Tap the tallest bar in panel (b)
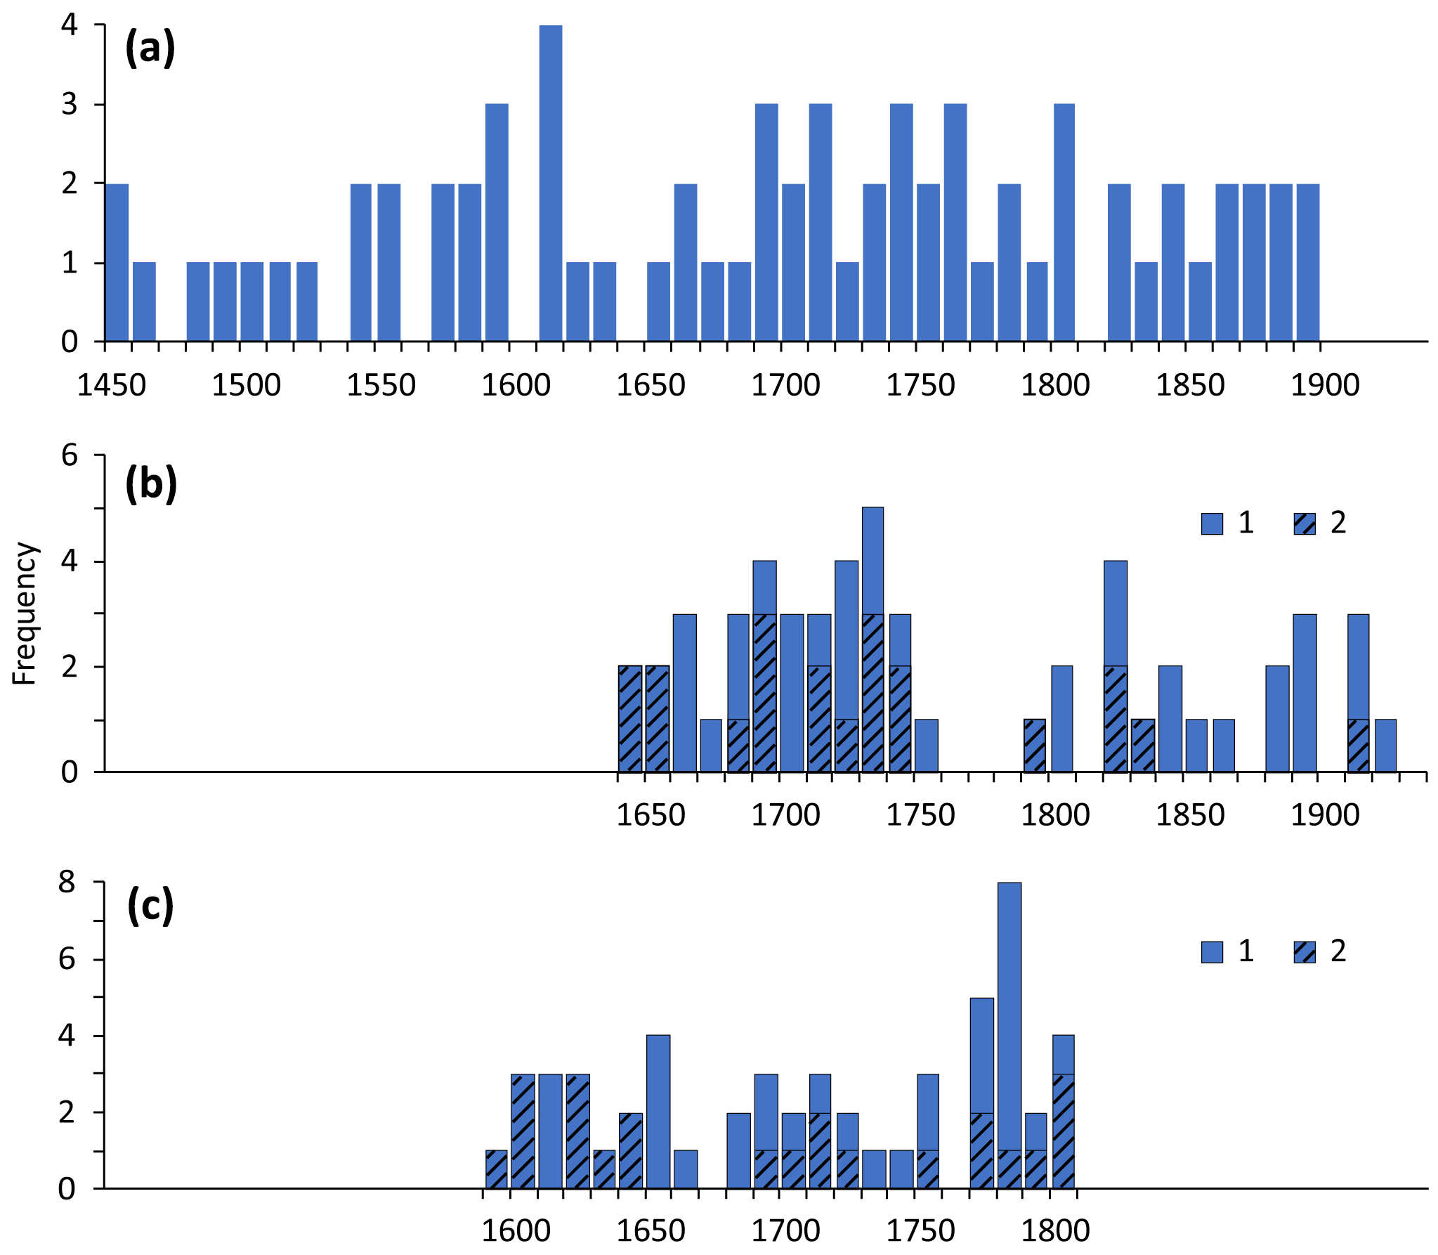click(x=872, y=639)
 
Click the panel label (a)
click(x=150, y=49)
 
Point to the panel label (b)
click(x=150, y=485)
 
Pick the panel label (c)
click(x=150, y=906)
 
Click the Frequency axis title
click(x=25, y=613)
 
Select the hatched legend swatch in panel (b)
click(x=1305, y=524)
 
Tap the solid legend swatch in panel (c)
click(x=1212, y=952)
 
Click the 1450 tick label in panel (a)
click(x=111, y=385)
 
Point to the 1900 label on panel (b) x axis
click(x=1325, y=815)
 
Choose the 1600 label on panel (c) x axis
click(x=516, y=1231)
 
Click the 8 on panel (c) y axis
click(x=67, y=882)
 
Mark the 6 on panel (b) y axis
click(x=69, y=455)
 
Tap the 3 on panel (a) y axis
click(x=69, y=105)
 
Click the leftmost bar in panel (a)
click(x=117, y=262)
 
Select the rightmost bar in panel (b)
click(x=1385, y=745)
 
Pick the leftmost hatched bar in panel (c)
click(x=496, y=1169)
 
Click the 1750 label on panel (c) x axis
click(x=920, y=1231)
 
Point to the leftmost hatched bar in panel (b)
click(x=630, y=718)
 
